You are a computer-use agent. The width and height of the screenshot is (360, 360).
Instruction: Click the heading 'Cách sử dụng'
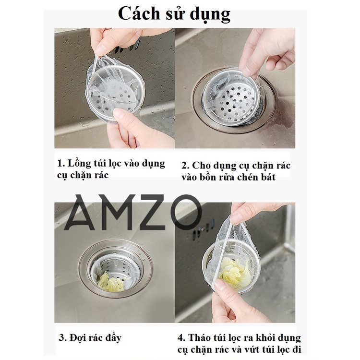174,14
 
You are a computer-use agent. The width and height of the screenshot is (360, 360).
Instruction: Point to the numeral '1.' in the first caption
61,164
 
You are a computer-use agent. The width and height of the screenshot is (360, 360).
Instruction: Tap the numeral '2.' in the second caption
185,166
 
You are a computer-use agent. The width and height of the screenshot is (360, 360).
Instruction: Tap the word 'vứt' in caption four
259,349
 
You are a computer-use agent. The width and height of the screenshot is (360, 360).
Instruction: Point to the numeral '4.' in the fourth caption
181,338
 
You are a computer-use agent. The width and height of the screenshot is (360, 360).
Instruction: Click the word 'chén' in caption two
248,177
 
